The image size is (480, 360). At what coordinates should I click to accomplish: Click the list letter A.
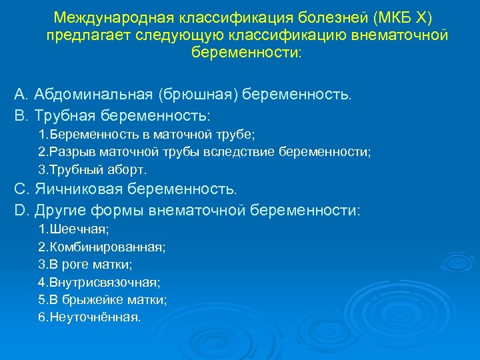(x=20, y=95)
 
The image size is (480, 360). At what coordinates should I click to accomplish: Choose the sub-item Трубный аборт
(x=92, y=169)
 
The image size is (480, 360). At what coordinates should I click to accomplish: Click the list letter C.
(x=20, y=189)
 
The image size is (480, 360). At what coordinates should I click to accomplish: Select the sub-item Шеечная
(x=74, y=229)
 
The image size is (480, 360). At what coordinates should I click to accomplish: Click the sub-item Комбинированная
(x=102, y=247)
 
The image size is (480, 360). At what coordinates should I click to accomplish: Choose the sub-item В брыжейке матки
(x=103, y=300)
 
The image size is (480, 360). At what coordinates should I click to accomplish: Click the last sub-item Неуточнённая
(x=89, y=317)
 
